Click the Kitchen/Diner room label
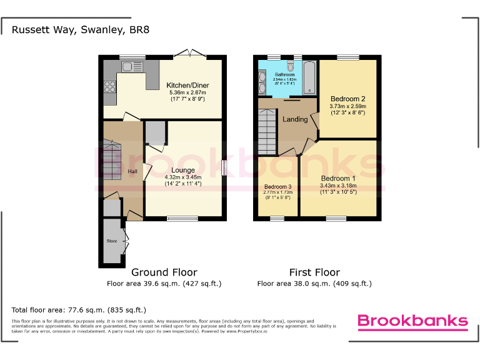[187, 85]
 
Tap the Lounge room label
[182, 170]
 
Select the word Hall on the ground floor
[132, 172]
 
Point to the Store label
[112, 241]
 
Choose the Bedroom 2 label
[348, 99]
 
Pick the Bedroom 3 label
[277, 187]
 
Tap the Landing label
[294, 119]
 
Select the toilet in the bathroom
[290, 66]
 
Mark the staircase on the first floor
[267, 132]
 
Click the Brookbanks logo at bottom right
[412, 321]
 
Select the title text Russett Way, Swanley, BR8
[81, 29]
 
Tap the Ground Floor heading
[164, 272]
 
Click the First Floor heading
[314, 272]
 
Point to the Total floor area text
[79, 309]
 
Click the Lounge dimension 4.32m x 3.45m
[182, 177]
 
